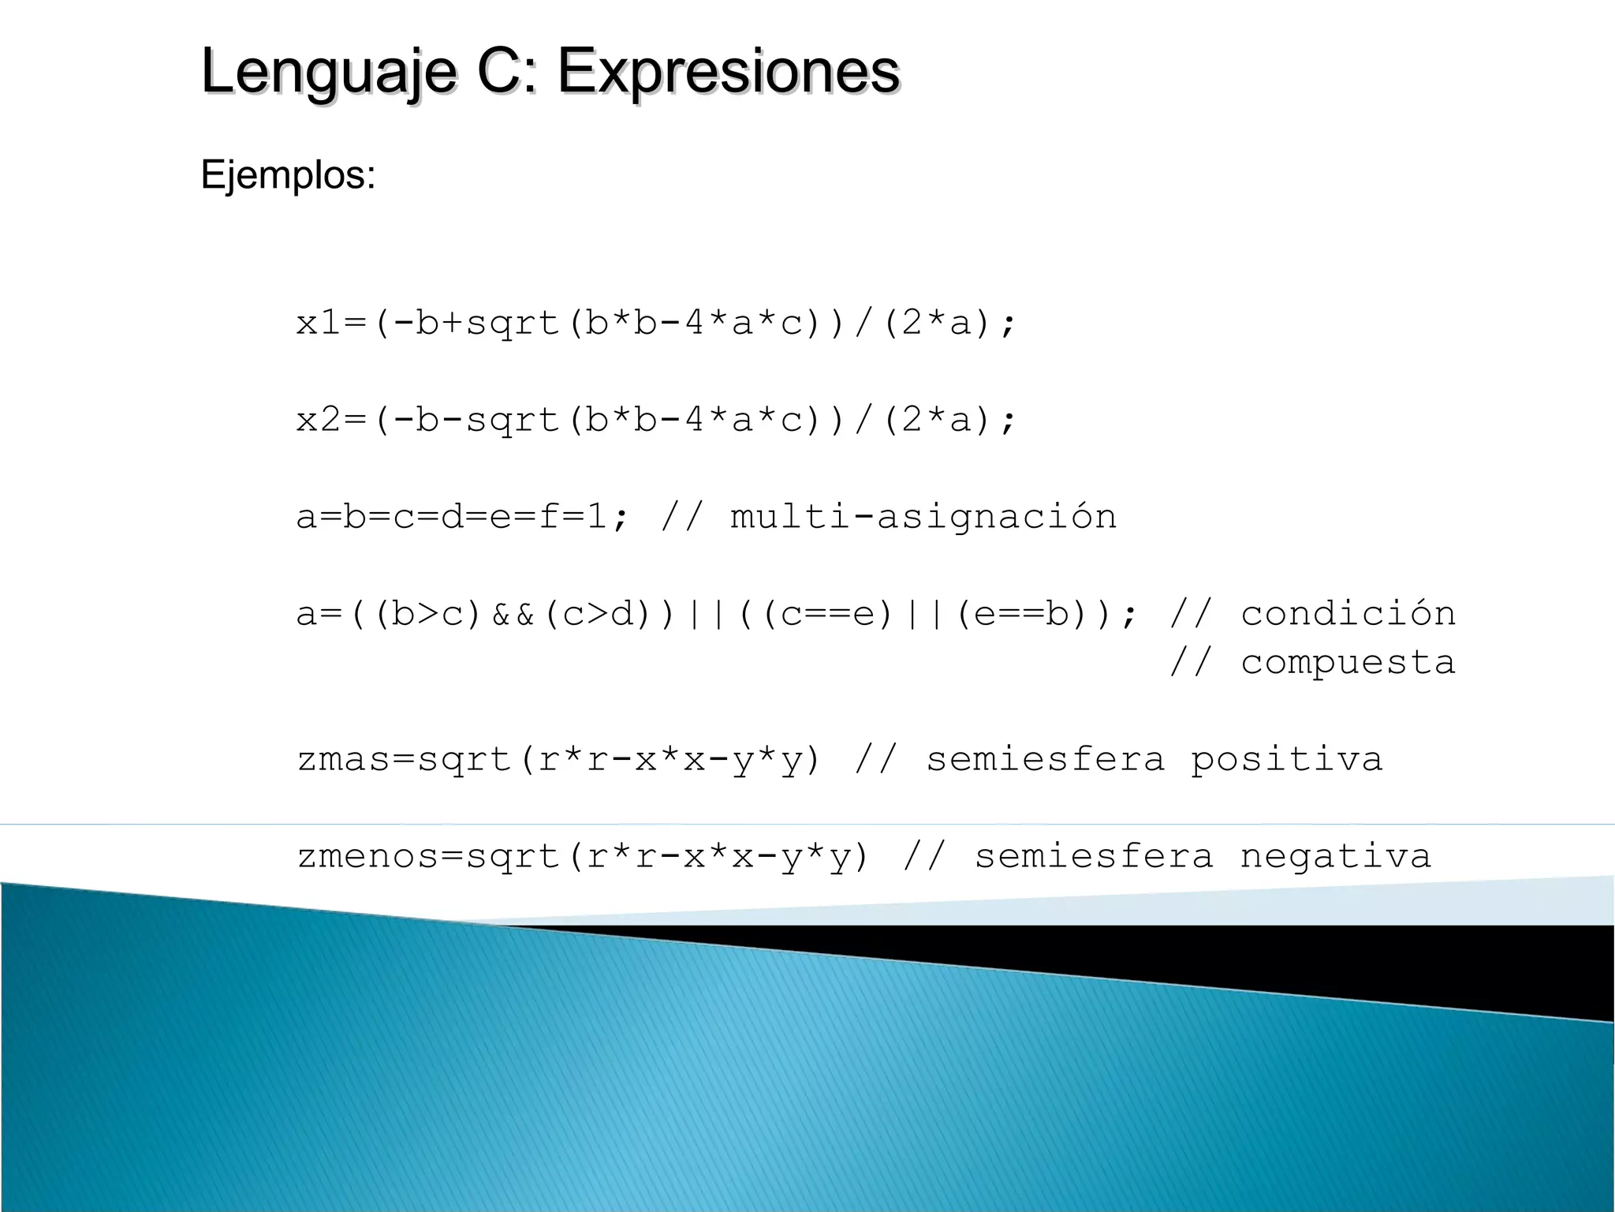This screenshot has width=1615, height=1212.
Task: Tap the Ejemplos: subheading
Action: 288,174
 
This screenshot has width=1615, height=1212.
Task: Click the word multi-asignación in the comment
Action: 923,517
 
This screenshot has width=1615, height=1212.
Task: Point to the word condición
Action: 1348,614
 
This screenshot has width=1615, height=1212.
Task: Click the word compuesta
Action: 1348,663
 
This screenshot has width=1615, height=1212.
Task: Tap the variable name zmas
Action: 344,759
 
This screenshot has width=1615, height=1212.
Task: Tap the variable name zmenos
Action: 368,856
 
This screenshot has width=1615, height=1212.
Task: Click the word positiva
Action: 1286,759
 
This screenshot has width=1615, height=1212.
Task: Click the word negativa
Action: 1335,856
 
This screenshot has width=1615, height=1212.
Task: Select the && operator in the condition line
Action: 513,614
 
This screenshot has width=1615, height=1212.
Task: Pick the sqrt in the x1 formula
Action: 513,324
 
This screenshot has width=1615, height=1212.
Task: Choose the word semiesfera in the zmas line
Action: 1045,759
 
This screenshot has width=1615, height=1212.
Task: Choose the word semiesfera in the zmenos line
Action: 1094,856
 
